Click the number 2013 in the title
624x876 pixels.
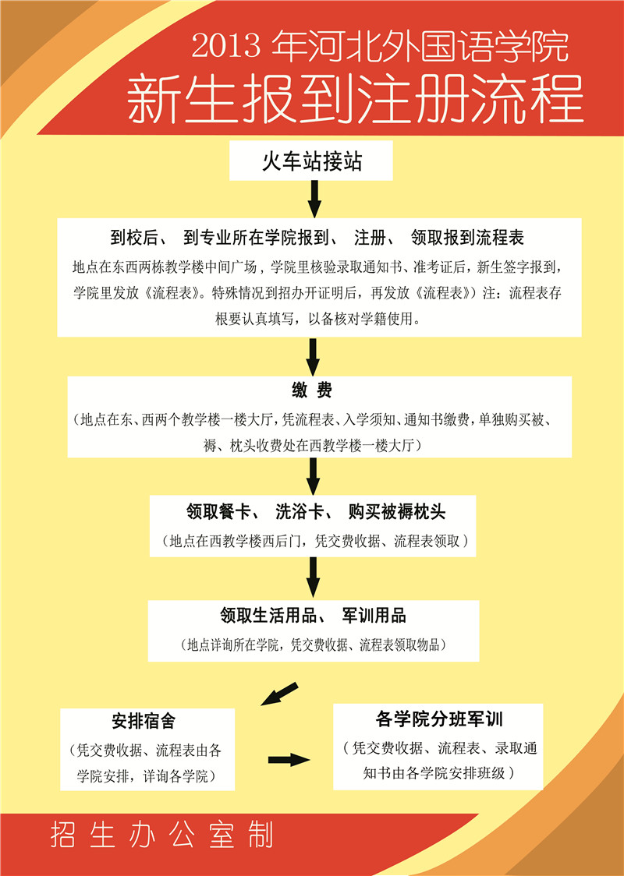[x=226, y=45]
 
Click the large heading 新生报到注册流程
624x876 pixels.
[x=356, y=101]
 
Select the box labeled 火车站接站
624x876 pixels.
[x=311, y=161]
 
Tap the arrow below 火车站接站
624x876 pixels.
[x=314, y=198]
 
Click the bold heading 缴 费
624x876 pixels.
[x=312, y=390]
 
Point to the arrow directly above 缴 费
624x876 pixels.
[x=313, y=356]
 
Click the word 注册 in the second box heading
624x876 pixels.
[x=370, y=238]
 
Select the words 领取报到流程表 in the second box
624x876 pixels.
[x=467, y=238]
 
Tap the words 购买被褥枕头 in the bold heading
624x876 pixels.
[x=397, y=511]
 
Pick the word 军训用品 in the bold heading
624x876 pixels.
[x=374, y=616]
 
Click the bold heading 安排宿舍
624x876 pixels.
[x=144, y=721]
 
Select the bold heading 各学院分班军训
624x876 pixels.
[x=439, y=719]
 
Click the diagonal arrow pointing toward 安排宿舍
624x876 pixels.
[x=279, y=694]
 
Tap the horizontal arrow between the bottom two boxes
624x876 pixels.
[x=289, y=760]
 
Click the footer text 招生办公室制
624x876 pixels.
[x=162, y=835]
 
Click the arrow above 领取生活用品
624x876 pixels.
[x=313, y=578]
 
